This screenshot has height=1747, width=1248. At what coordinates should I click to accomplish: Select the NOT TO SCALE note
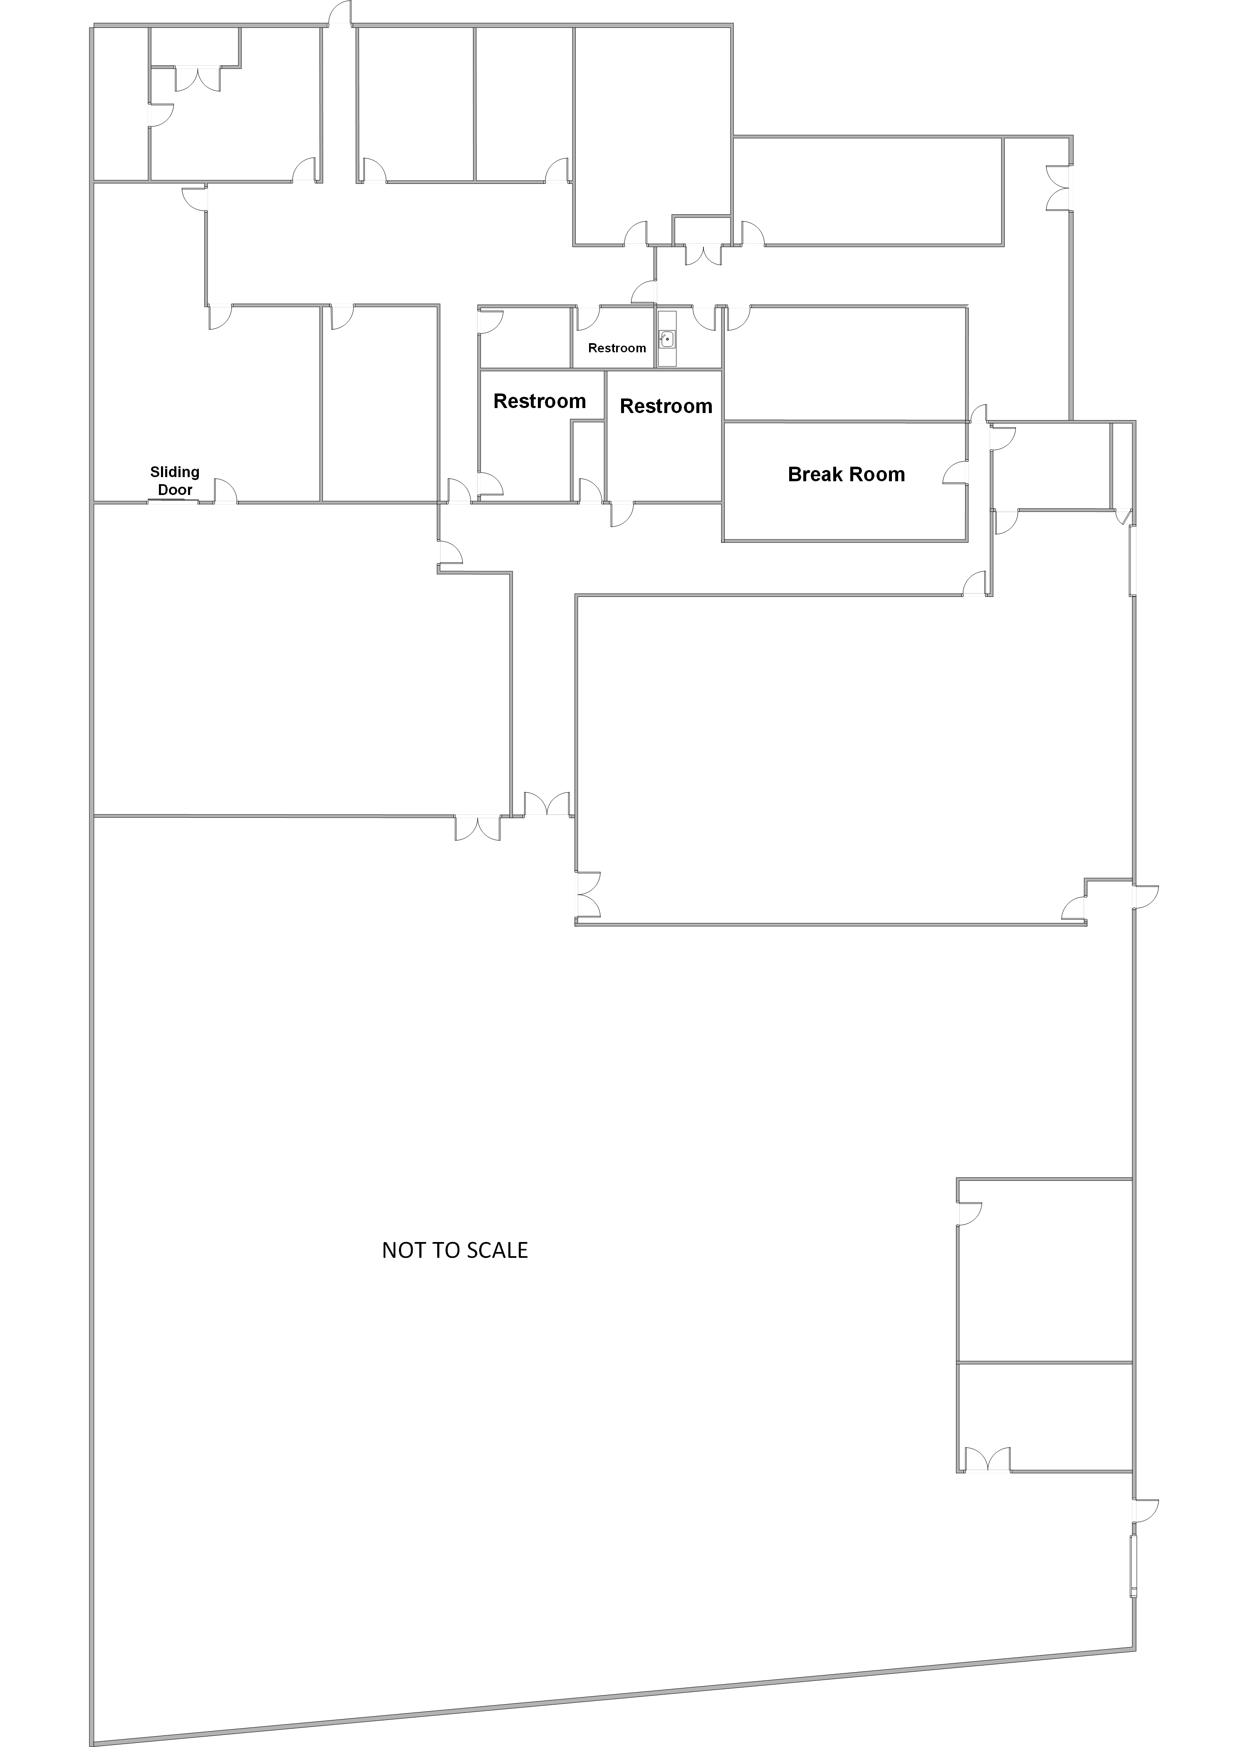(455, 1251)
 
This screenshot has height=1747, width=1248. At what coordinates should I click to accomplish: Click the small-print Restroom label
(617, 348)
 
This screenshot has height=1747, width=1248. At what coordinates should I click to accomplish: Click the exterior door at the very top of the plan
(339, 14)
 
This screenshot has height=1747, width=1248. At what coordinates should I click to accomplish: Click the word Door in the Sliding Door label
(175, 490)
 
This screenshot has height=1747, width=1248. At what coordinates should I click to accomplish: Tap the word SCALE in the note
(500, 1251)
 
